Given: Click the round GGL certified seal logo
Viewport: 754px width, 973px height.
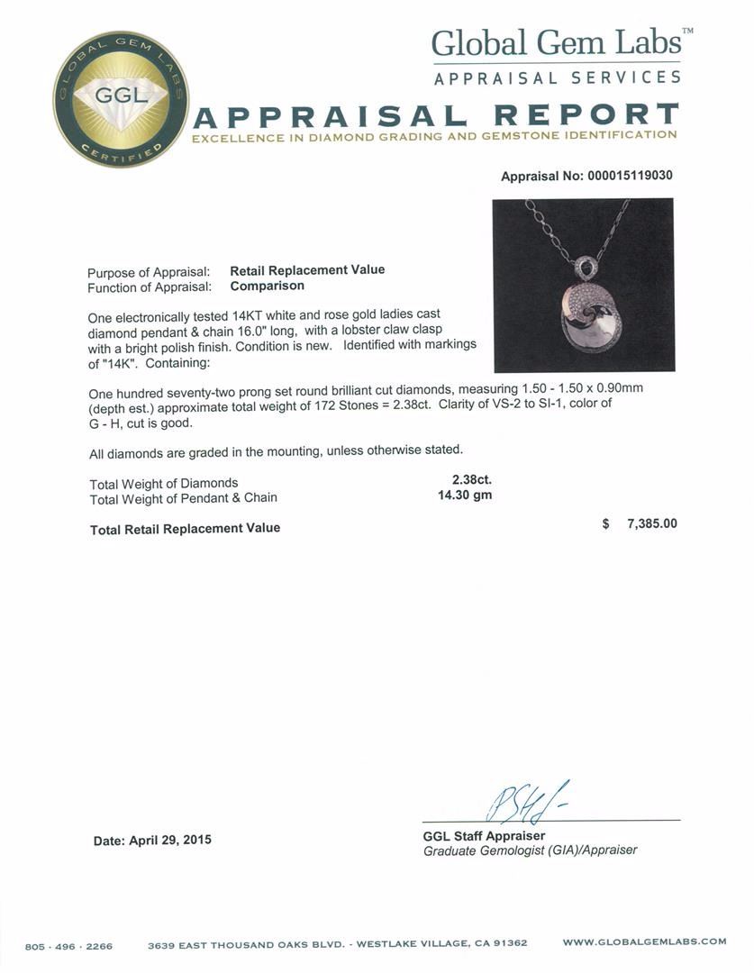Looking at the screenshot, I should point(120,99).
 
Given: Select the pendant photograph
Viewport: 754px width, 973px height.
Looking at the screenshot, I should point(583,285).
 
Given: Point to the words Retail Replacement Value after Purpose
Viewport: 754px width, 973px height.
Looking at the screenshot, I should point(307,270).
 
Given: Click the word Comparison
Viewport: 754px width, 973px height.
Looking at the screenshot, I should point(267,286).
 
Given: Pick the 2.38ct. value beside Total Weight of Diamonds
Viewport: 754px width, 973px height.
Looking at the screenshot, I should point(471,480).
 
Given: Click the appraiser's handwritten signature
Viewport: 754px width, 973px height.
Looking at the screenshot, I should point(522,802).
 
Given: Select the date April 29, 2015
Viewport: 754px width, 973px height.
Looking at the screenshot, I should point(152,840).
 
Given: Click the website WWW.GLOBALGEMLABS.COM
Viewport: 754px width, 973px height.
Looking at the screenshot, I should point(644,941).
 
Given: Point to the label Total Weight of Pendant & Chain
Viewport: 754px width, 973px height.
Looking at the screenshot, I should point(184,497).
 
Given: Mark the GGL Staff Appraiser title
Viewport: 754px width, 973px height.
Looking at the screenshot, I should point(484,835).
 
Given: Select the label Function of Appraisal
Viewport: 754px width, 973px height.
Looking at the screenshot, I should point(150,287).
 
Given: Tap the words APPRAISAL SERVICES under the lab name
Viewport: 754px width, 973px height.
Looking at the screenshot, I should point(557,77).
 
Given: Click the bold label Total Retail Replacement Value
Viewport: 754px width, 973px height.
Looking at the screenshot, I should point(185,529).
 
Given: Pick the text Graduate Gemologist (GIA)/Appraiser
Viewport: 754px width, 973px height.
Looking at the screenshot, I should point(530,850).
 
